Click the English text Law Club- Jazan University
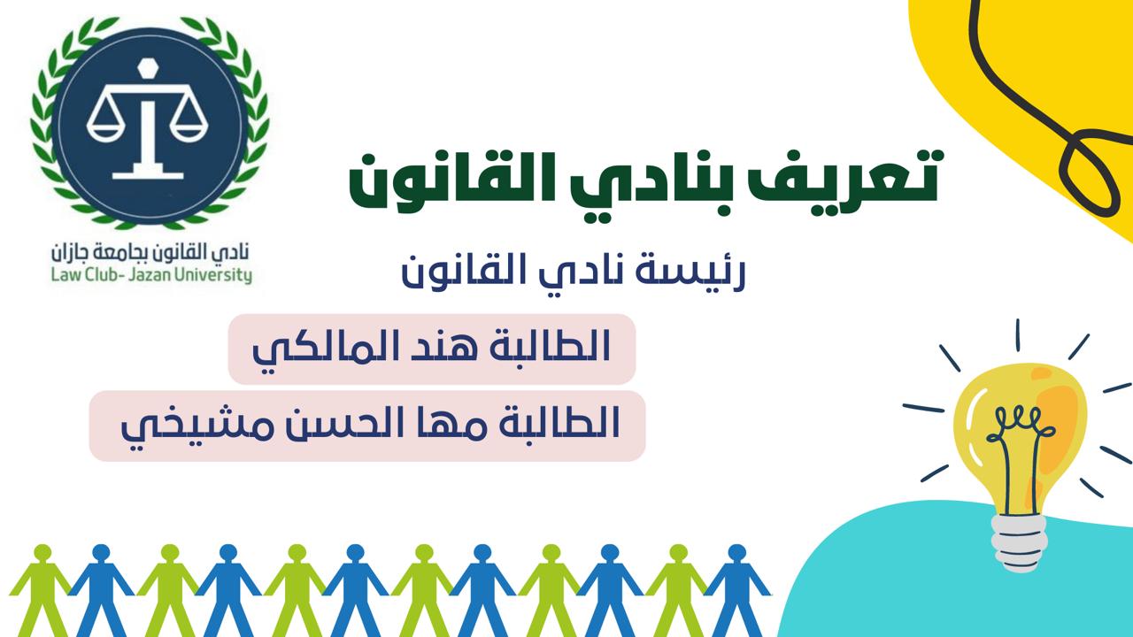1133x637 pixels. click(x=151, y=275)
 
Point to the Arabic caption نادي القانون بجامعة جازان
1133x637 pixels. click(x=150, y=251)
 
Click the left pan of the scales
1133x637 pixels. click(x=105, y=128)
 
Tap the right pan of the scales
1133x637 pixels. click(x=189, y=128)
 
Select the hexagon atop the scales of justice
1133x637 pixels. click(x=147, y=65)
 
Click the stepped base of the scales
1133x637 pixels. click(x=147, y=169)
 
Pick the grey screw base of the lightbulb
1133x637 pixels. click(x=1018, y=542)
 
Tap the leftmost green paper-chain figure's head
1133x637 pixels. click(x=43, y=553)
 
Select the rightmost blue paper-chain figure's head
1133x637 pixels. click(x=737, y=553)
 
